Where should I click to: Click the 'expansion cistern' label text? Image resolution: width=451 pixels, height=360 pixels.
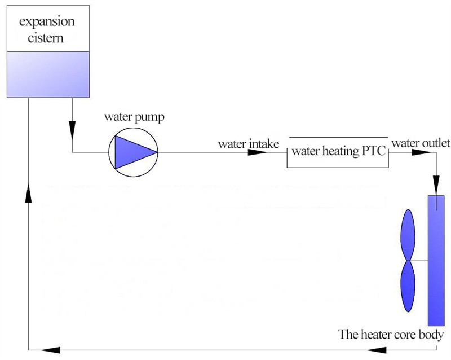pyautogui.click(x=47, y=30)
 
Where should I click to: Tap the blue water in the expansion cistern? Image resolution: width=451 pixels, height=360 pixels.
pyautogui.click(x=47, y=73)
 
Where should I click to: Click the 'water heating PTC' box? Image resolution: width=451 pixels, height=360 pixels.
pyautogui.click(x=337, y=152)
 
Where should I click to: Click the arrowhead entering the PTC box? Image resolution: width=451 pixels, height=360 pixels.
pyautogui.click(x=280, y=152)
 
